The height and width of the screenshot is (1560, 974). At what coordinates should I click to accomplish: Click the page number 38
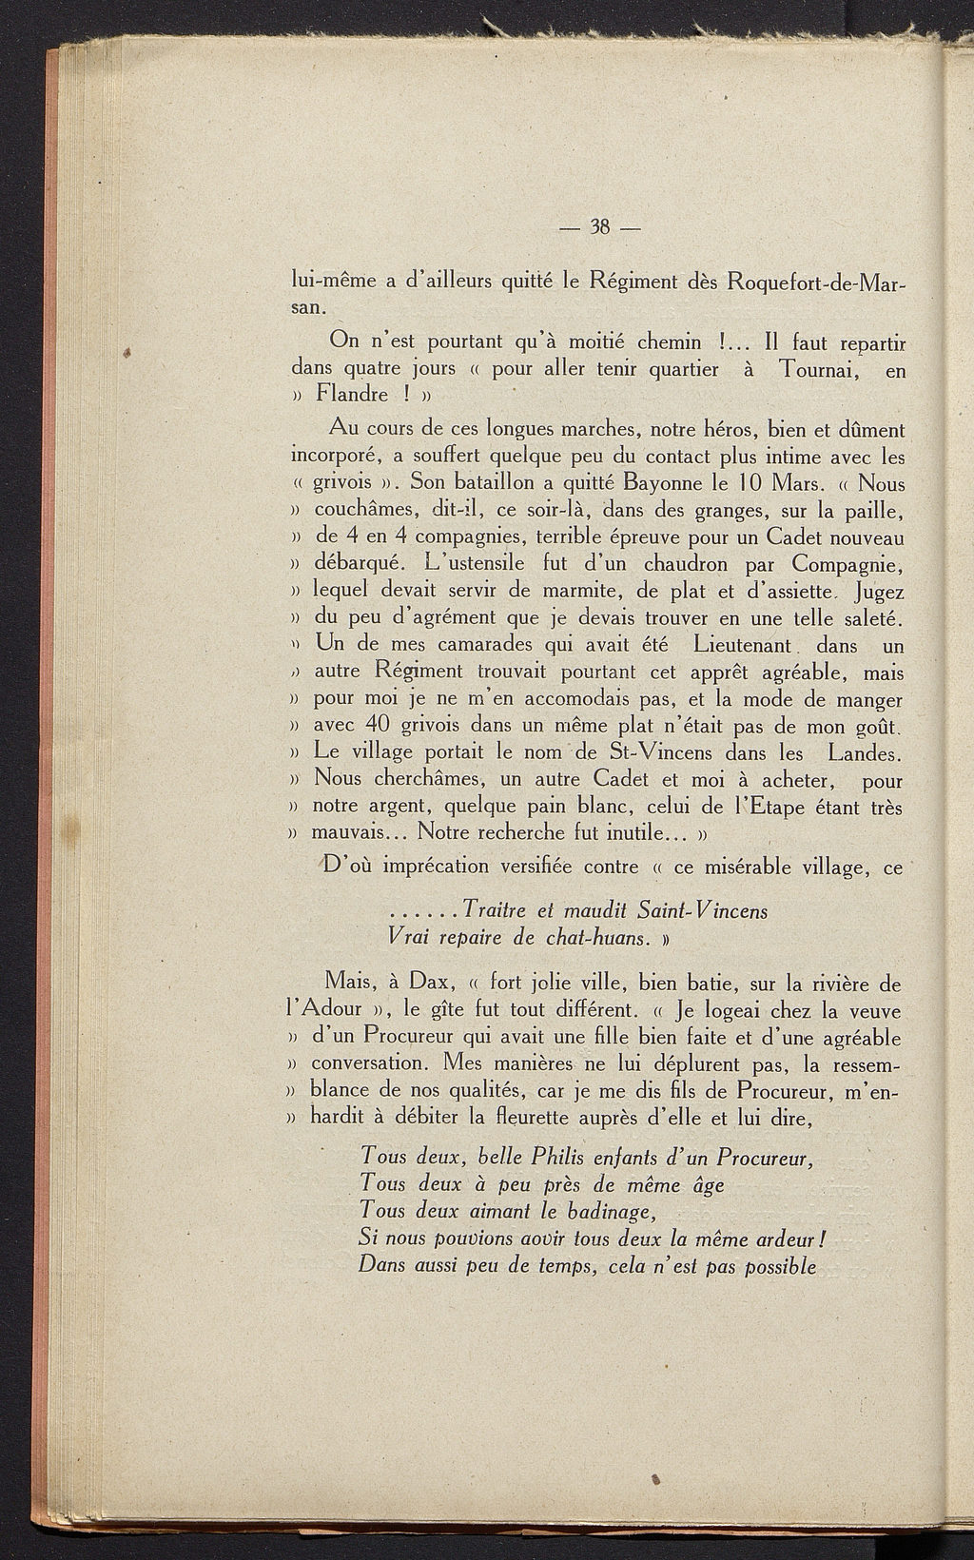point(599,227)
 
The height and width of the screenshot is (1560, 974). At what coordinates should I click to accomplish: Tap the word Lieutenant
point(743,645)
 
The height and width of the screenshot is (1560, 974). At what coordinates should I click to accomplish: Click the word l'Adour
point(326,1009)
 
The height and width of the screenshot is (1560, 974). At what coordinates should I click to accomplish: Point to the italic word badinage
point(610,1212)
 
